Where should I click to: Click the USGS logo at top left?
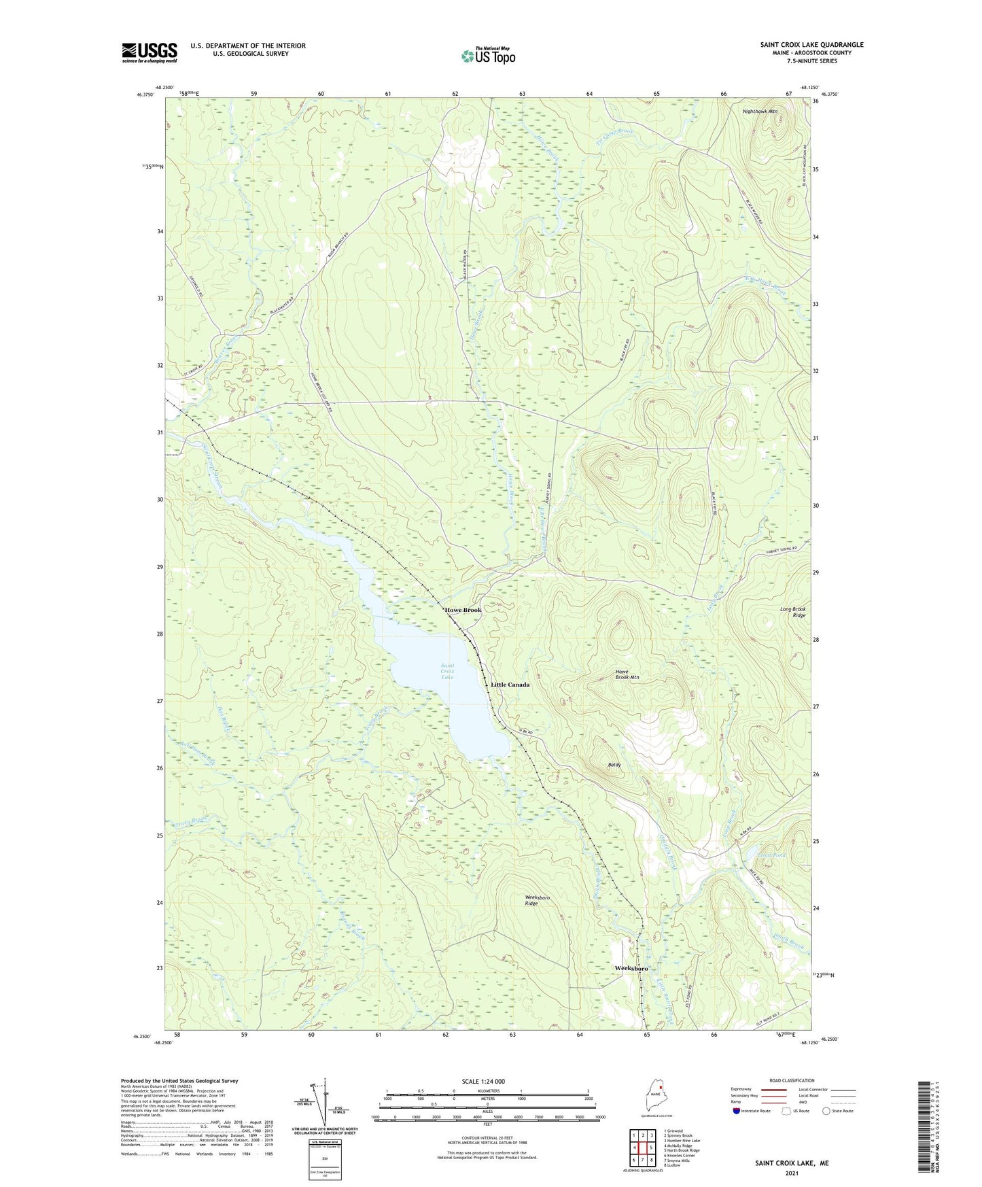150,52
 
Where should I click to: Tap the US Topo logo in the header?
488,56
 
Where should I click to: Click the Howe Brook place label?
463,610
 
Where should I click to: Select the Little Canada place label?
510,685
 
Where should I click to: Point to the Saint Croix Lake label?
447,671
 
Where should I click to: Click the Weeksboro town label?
631,968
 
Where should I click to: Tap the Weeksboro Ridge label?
541,901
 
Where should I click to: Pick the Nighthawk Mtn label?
760,111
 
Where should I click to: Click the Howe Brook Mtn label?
627,674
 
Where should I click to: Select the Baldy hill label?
614,765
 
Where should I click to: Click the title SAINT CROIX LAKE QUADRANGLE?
811,45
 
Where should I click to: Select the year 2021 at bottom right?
792,1173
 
